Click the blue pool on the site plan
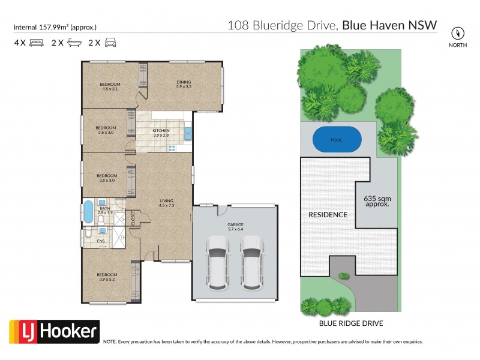click(x=337, y=140)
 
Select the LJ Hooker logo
click(x=54, y=331)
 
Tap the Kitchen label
click(x=161, y=133)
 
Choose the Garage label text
click(x=235, y=226)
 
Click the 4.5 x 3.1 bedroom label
click(x=110, y=86)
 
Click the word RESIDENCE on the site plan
click(x=328, y=214)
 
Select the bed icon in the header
click(x=36, y=43)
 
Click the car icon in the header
click(x=110, y=43)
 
